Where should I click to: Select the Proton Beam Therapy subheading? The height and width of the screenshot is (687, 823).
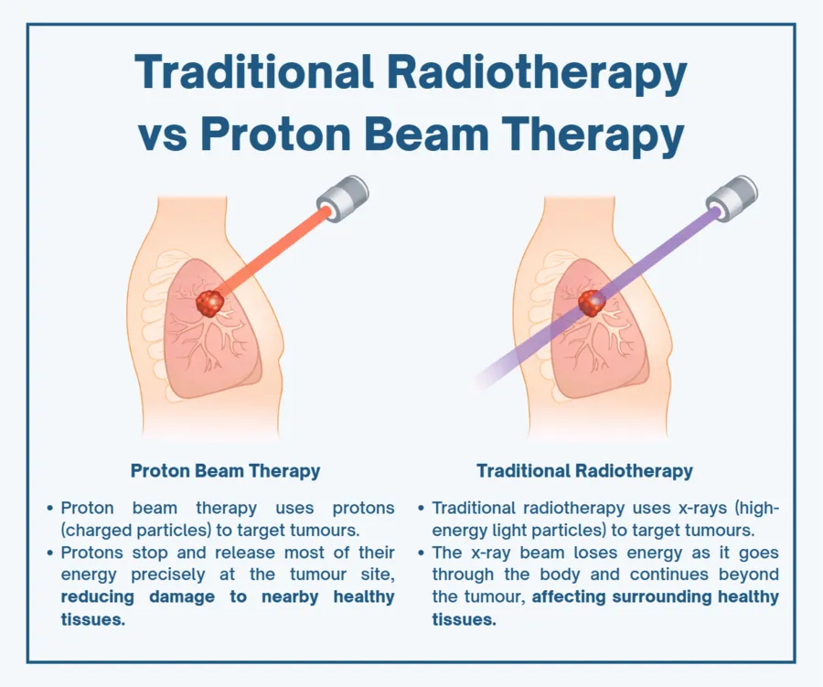click(225, 471)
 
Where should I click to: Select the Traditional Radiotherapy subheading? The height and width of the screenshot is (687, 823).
click(584, 471)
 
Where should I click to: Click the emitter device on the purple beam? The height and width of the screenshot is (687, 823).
click(735, 194)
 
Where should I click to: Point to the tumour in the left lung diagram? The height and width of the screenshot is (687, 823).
click(211, 302)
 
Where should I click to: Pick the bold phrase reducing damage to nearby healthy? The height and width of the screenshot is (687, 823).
click(229, 597)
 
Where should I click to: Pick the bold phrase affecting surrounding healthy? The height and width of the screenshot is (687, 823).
click(656, 597)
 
